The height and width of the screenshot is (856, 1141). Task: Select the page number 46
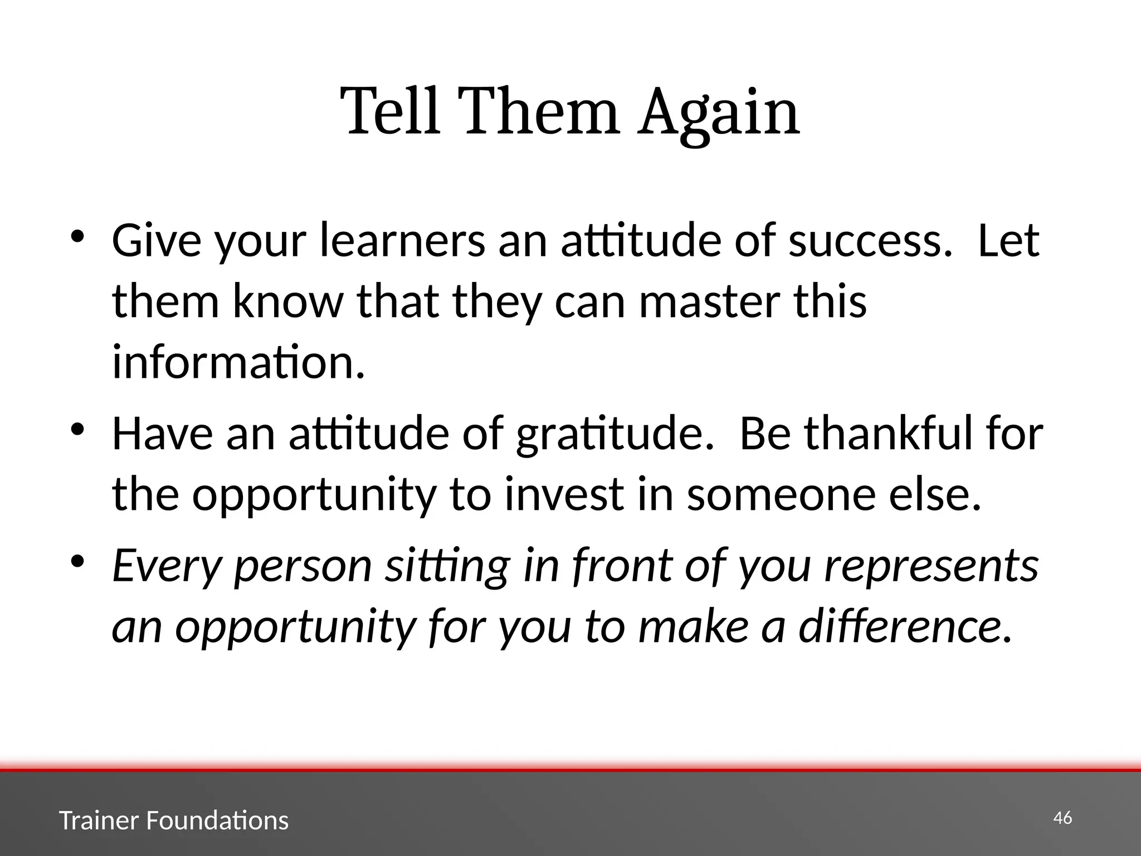(1062, 818)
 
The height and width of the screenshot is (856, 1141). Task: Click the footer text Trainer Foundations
(174, 821)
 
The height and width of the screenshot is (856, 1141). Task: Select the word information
(238, 362)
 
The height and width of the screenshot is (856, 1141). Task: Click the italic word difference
(905, 626)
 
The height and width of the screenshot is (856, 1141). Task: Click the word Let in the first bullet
(1008, 241)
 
